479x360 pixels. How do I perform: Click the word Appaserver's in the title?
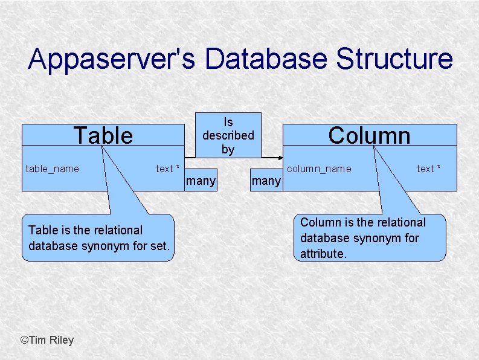pos(112,59)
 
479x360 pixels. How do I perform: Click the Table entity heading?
pos(103,135)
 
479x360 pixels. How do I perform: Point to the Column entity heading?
pos(369,135)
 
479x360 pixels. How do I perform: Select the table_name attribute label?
pos(52,169)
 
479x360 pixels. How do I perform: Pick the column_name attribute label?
pos(319,169)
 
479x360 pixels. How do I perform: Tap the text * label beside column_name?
pos(429,169)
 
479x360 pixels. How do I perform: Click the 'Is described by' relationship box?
pos(228,135)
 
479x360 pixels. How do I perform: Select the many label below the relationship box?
pos(201,181)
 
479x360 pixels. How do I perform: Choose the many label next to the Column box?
pos(266,181)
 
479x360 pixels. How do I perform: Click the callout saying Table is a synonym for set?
pos(97,238)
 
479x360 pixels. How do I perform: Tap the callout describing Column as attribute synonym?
pos(370,238)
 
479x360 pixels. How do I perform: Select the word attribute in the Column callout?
pos(323,254)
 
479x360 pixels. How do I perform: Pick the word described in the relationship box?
pos(228,135)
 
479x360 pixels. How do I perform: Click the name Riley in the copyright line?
pos(62,340)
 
